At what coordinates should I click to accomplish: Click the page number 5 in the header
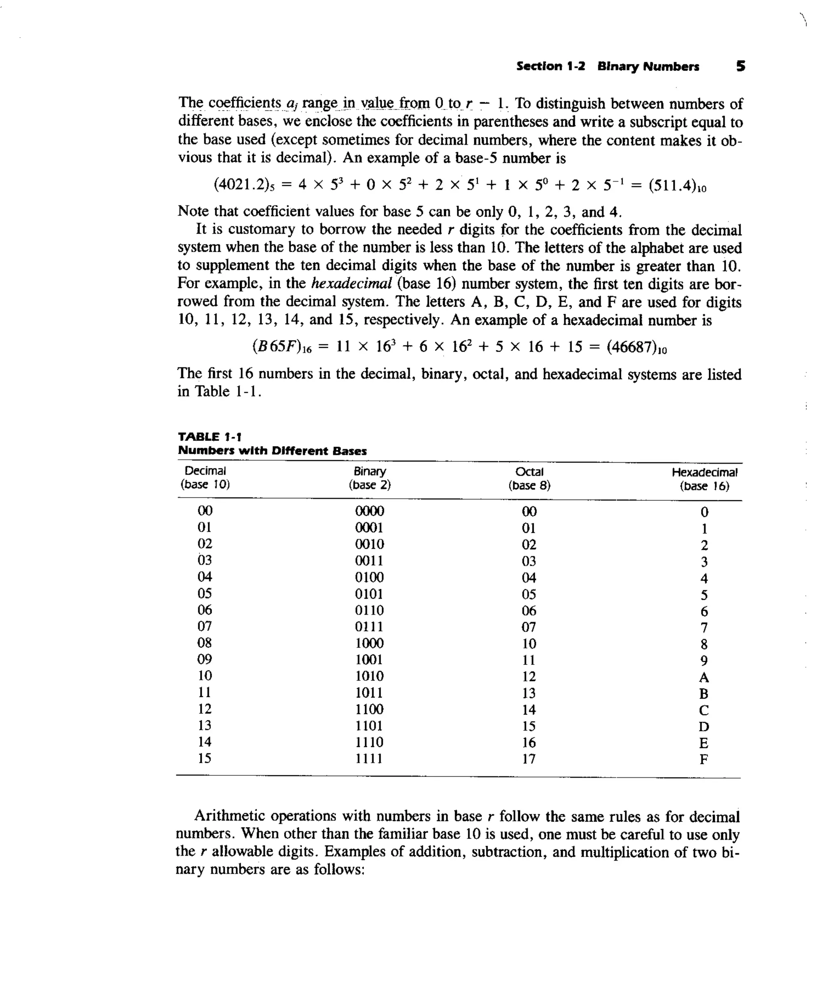pyautogui.click(x=740, y=66)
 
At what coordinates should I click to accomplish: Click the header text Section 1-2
pyautogui.click(x=550, y=66)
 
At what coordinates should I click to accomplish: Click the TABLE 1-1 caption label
pyautogui.click(x=210, y=437)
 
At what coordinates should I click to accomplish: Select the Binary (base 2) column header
pyautogui.click(x=370, y=478)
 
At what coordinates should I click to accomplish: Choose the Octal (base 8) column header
pyautogui.click(x=529, y=478)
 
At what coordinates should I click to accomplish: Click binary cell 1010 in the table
pyautogui.click(x=370, y=676)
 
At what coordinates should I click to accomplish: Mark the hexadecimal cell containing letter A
pyautogui.click(x=703, y=677)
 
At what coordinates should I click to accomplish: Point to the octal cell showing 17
pyautogui.click(x=529, y=759)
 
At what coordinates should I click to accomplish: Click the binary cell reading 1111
pyautogui.click(x=369, y=758)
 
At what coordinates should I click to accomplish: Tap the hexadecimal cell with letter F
pyautogui.click(x=703, y=760)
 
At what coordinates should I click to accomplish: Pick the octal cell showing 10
pyautogui.click(x=529, y=643)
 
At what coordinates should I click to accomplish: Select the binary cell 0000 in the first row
pyautogui.click(x=370, y=511)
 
